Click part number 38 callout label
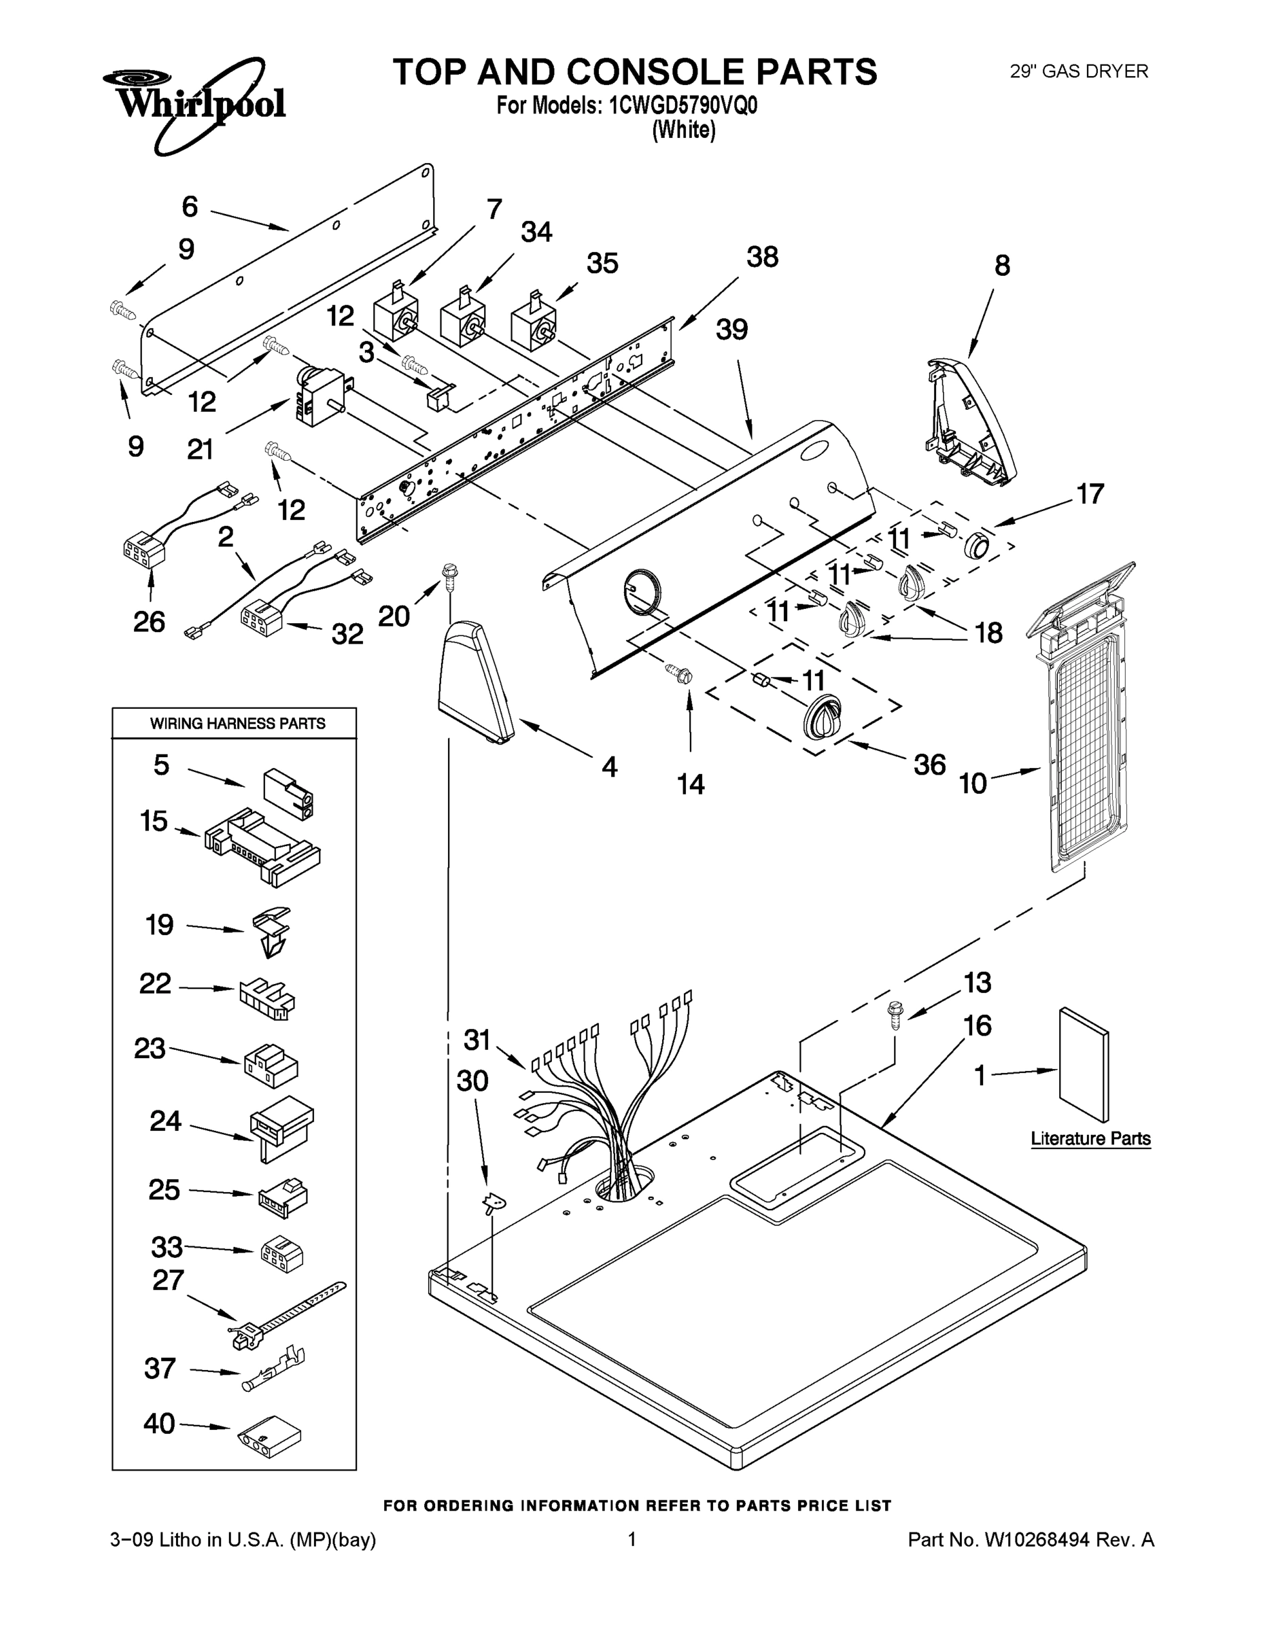762,257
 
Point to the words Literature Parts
1090,1138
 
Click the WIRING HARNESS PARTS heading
237,723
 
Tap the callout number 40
158,1424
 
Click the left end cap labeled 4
476,681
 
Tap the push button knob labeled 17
977,546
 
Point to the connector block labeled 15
262,846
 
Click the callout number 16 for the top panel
977,1025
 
